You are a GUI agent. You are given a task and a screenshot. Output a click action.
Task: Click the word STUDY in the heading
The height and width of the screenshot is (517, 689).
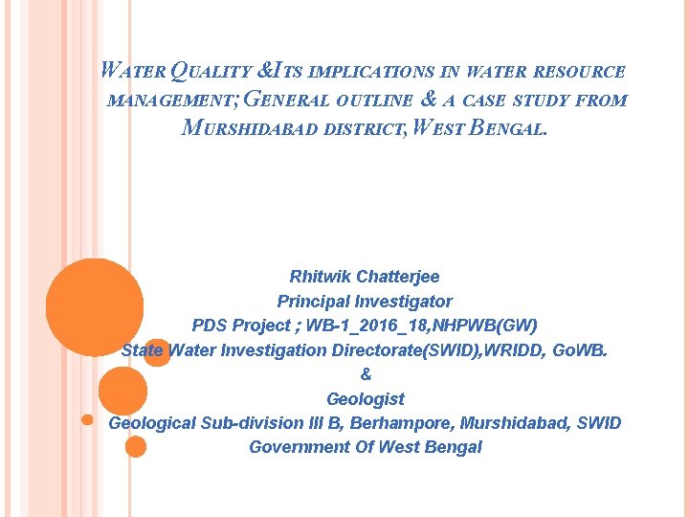(x=541, y=101)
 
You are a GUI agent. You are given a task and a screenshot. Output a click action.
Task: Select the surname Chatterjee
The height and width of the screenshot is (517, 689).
(x=398, y=277)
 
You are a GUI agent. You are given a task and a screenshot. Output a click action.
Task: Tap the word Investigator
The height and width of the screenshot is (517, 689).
(x=401, y=301)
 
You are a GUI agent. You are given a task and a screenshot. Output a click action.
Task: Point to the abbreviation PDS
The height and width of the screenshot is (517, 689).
(x=210, y=326)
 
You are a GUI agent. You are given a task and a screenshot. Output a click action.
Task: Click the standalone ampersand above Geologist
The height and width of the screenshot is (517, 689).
(x=366, y=374)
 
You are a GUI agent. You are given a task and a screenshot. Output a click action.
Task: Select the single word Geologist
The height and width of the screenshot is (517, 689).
(x=366, y=399)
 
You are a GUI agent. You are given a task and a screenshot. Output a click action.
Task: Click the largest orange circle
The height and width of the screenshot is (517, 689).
(x=95, y=306)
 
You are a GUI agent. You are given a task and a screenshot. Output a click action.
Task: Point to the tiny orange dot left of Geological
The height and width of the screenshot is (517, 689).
(x=86, y=419)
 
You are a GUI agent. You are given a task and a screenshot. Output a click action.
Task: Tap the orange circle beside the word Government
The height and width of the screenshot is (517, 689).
(x=136, y=446)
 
